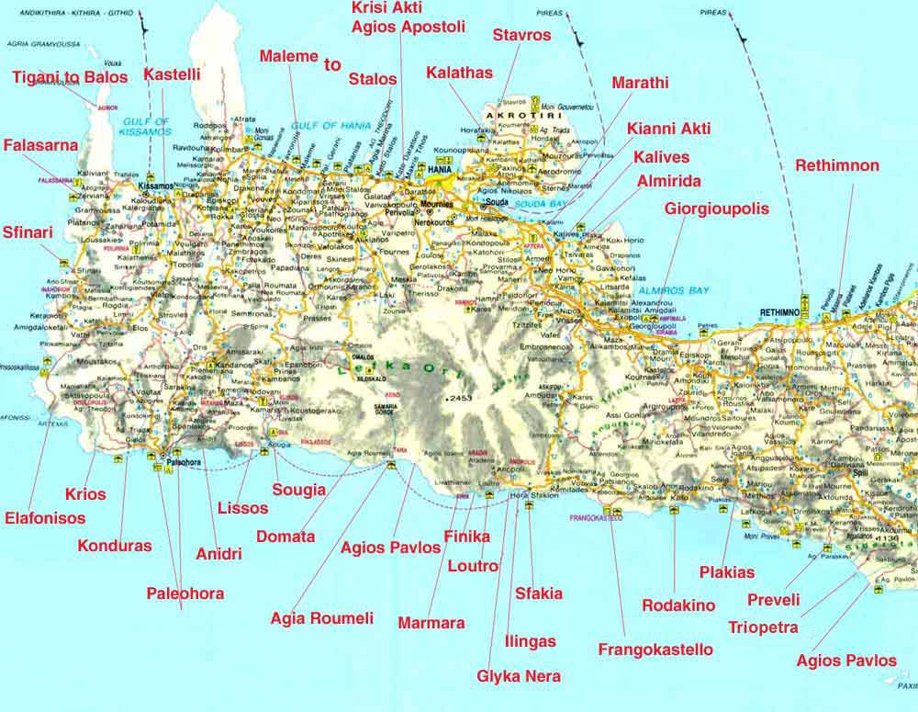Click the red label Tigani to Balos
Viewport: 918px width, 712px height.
[x=70, y=76]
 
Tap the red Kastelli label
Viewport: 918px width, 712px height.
[x=172, y=73]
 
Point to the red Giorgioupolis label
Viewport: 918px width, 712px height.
[x=717, y=209]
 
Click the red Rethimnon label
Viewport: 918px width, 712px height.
[x=837, y=166]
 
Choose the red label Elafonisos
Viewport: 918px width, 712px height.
[x=45, y=518]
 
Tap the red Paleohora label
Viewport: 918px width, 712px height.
[x=185, y=593]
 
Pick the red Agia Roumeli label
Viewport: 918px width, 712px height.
[x=322, y=618]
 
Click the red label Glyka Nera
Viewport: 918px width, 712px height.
[x=519, y=677]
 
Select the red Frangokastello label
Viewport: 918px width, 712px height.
[x=655, y=650]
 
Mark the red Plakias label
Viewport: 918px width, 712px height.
[x=726, y=572]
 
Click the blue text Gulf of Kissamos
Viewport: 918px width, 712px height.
[x=145, y=127]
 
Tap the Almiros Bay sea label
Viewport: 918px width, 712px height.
[x=674, y=290]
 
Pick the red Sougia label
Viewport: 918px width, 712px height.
[x=299, y=490]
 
